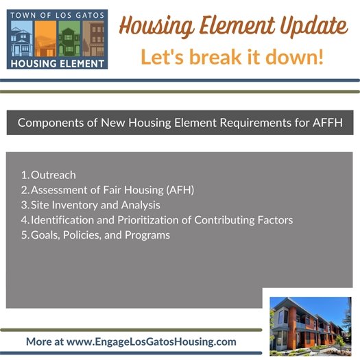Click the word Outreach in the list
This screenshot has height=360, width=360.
[x=53, y=175]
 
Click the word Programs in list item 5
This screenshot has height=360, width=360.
[x=149, y=235]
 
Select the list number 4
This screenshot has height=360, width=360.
[x=24, y=220]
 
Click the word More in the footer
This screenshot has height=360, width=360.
[x=38, y=341]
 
